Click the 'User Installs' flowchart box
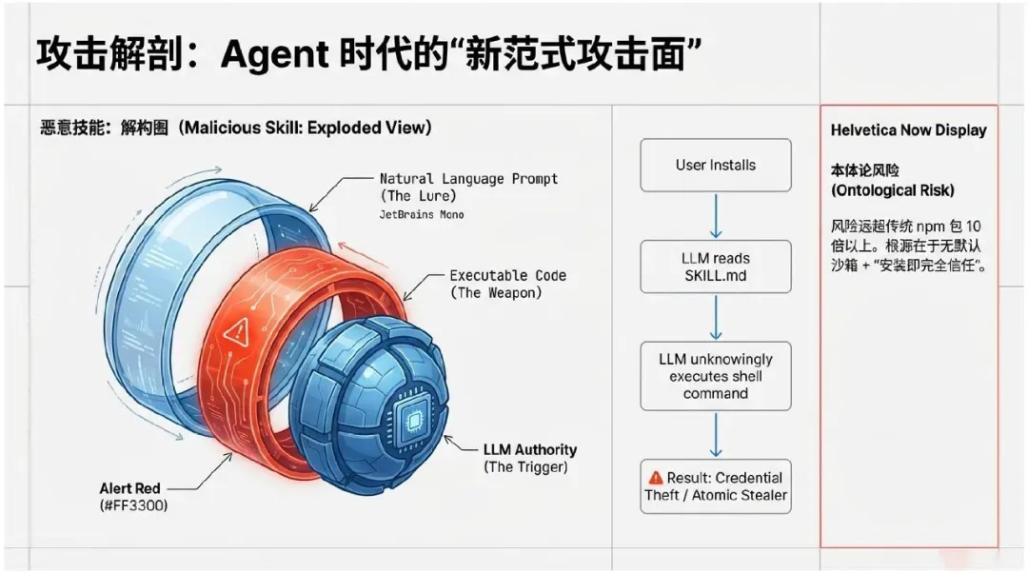tap(716, 165)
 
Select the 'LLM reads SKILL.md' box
tap(716, 267)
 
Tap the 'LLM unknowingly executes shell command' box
tap(716, 376)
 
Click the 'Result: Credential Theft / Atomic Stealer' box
tap(716, 486)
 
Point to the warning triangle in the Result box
tap(655, 478)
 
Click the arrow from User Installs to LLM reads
tap(716, 216)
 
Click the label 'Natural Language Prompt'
tap(468, 179)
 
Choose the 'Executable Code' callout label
tap(507, 276)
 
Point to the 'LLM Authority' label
tap(529, 449)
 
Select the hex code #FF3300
tap(133, 505)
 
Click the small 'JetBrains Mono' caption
tap(422, 215)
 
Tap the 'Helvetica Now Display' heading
tap(908, 130)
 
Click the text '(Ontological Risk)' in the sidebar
tap(892, 190)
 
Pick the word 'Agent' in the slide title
tap(274, 54)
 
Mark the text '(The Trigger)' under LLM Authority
tap(525, 466)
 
